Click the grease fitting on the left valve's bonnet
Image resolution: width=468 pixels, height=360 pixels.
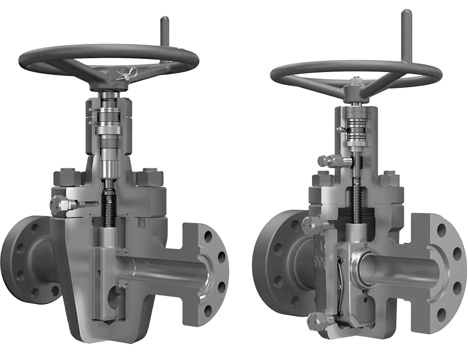[61, 204]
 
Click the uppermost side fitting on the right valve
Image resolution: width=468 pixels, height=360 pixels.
[328, 161]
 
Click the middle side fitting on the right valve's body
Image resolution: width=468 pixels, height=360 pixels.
[311, 225]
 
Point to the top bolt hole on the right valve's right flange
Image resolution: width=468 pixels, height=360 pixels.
[442, 230]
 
